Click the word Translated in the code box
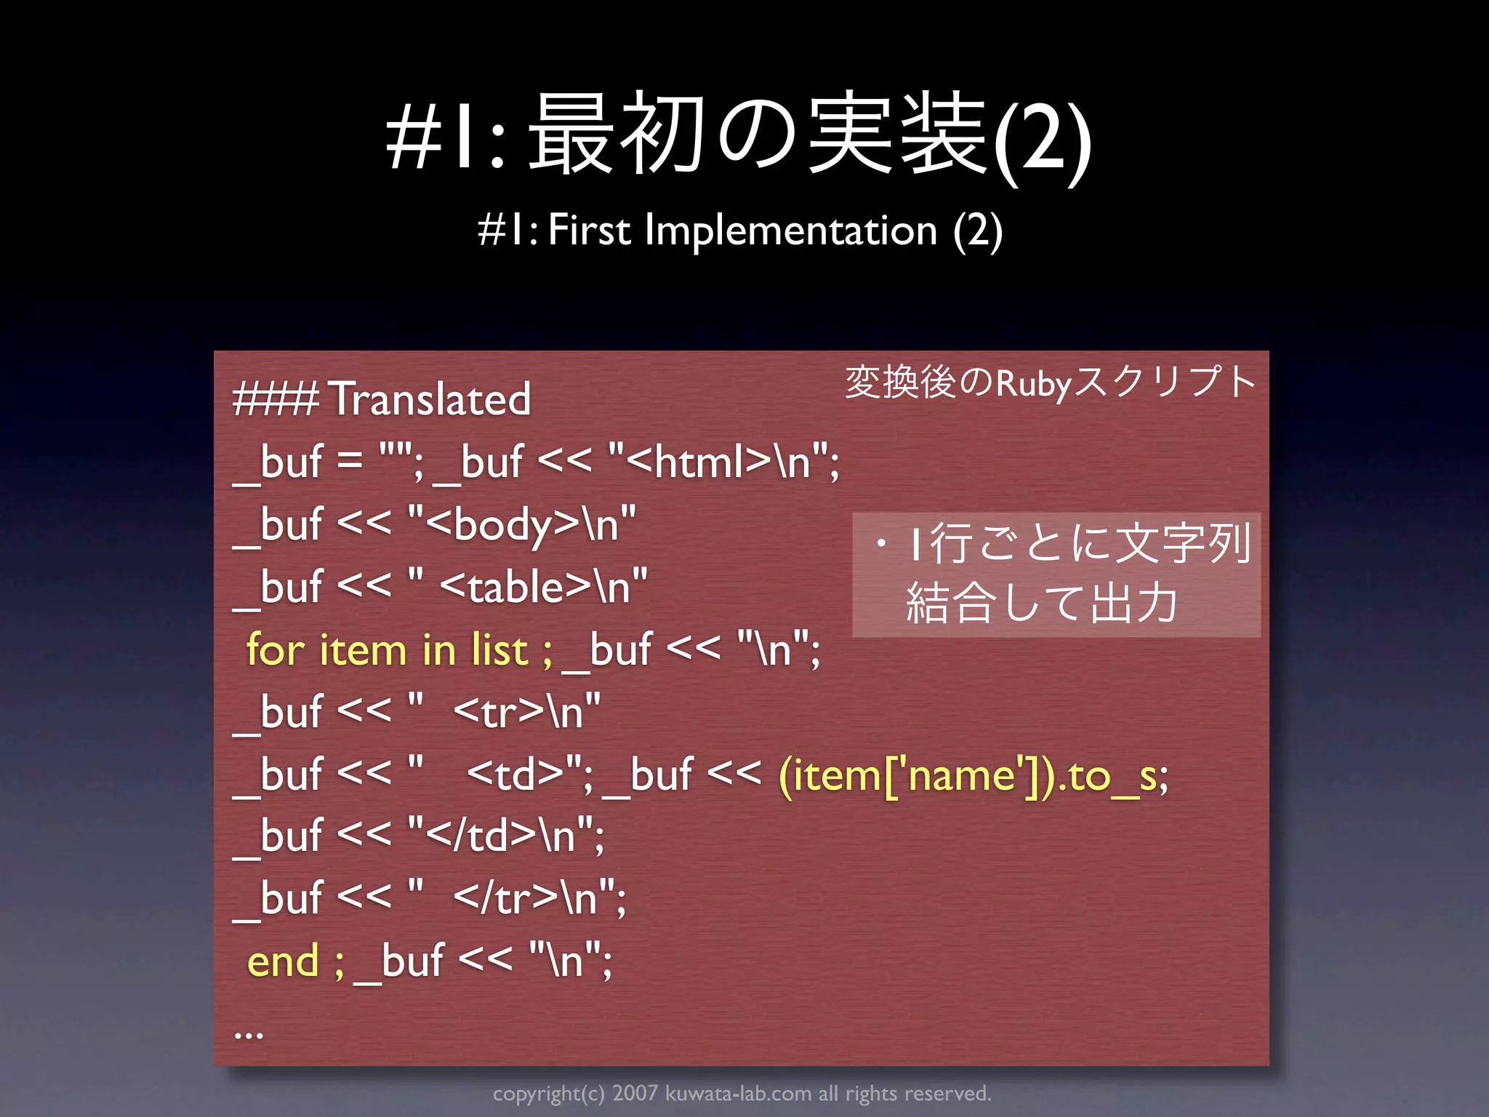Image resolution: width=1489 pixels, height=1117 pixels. [x=430, y=399]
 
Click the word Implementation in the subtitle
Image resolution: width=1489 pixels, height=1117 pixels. [x=791, y=231]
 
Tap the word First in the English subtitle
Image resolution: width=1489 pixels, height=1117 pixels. [x=589, y=231]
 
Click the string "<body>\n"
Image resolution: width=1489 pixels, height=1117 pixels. [x=521, y=524]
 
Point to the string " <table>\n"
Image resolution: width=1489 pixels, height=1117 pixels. [x=527, y=587]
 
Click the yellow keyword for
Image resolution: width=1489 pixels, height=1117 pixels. [x=275, y=649]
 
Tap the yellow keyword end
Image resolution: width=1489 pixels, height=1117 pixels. [x=283, y=961]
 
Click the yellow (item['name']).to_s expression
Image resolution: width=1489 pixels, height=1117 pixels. [x=973, y=775]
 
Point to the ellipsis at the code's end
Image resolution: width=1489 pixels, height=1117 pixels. [x=249, y=1033]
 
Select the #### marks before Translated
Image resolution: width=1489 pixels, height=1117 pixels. [x=275, y=399]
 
